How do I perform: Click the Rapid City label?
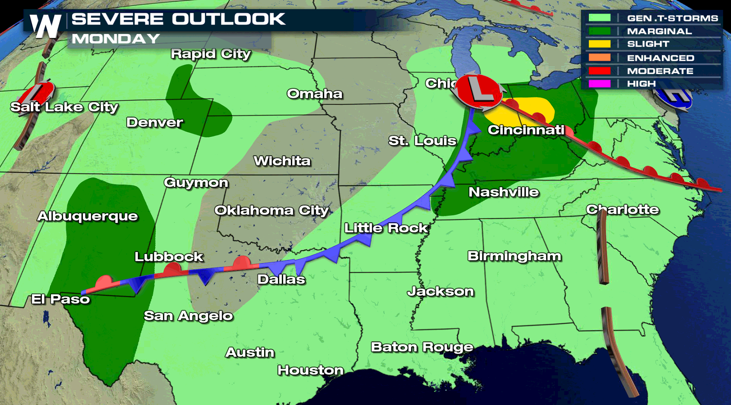coord(211,54)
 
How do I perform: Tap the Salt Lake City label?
coord(64,107)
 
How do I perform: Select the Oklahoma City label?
coord(271,210)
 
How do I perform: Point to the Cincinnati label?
coord(526,130)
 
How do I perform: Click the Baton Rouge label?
coord(422,347)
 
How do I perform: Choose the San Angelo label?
coord(188,316)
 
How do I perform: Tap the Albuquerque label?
coord(87,216)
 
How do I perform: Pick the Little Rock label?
coord(386,228)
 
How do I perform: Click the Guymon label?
coord(196,183)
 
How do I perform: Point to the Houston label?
coord(310,370)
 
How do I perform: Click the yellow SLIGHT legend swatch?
coord(599,44)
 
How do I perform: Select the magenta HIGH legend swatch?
coord(599,84)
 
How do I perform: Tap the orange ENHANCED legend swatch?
coord(599,57)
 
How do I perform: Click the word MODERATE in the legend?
coord(660,71)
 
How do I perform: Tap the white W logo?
coord(45,26)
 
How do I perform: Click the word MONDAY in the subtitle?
coord(116,39)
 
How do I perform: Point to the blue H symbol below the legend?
coord(674,98)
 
